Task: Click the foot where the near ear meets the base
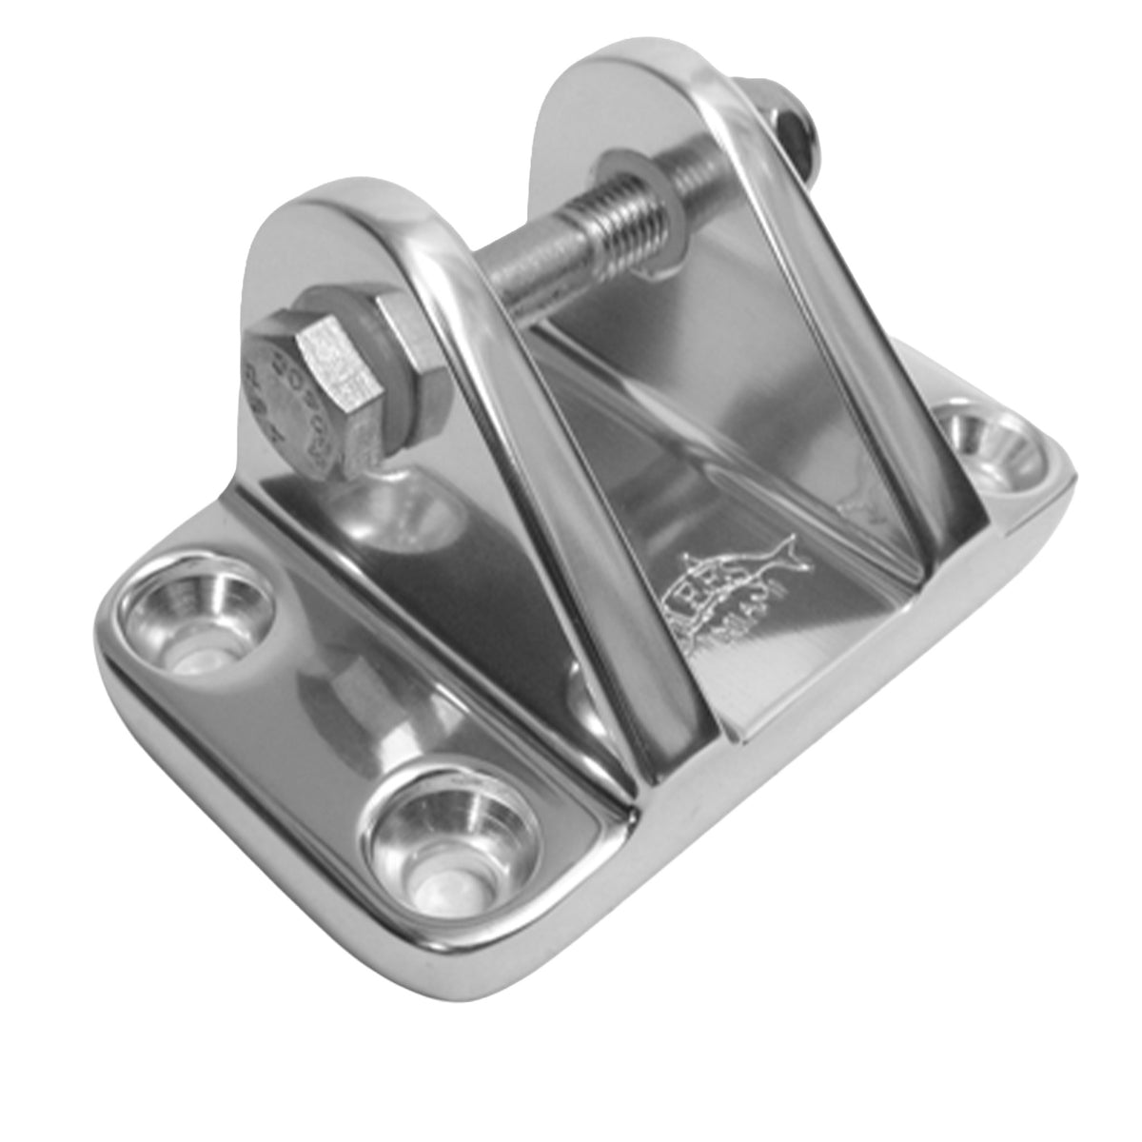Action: pos(666,752)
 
